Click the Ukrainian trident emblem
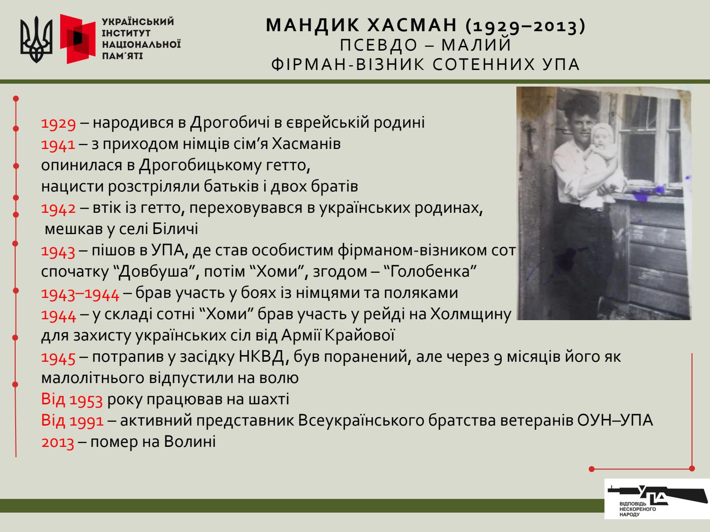click(x=36, y=39)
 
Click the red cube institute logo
click(x=78, y=39)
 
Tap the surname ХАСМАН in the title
click(x=412, y=25)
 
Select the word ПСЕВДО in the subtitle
click(x=379, y=45)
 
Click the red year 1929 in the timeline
click(x=58, y=123)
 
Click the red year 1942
click(x=58, y=209)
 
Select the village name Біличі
click(x=175, y=229)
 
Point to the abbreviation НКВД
click(x=261, y=357)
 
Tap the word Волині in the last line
click(x=190, y=442)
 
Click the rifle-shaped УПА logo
click(x=657, y=499)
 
